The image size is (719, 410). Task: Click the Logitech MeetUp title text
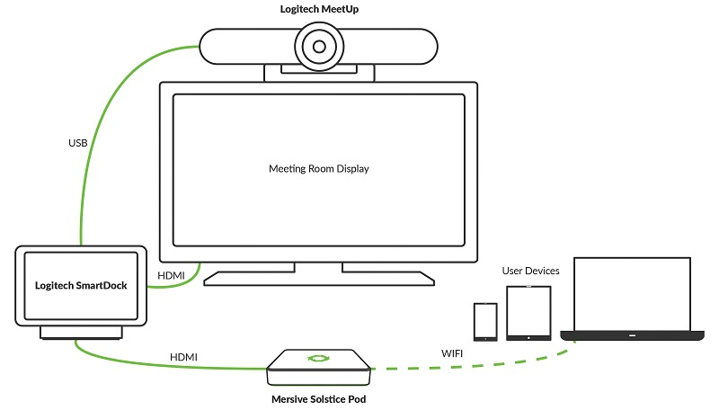(318, 10)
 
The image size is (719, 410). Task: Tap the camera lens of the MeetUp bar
(318, 44)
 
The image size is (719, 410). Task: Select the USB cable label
(79, 144)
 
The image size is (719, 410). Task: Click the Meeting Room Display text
(318, 169)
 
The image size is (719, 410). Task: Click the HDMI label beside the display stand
(172, 274)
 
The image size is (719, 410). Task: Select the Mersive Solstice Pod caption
(318, 397)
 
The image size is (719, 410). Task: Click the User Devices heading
(530, 271)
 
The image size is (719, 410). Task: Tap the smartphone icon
(485, 321)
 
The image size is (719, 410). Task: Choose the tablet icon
(528, 312)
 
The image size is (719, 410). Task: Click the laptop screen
(632, 293)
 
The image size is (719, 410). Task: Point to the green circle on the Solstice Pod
(318, 359)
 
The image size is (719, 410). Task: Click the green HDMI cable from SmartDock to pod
(180, 367)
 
